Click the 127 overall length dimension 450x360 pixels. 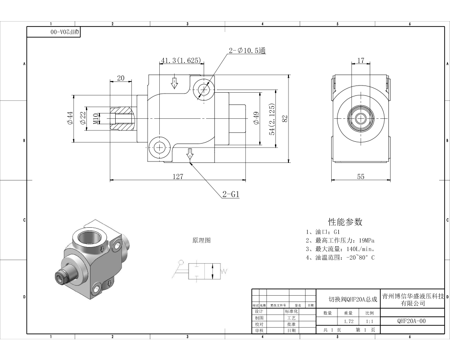(x=178, y=176)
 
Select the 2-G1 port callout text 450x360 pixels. (x=230, y=194)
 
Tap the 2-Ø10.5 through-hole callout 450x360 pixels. (x=247, y=51)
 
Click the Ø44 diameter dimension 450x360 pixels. (x=70, y=118)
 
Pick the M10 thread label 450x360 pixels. (x=95, y=118)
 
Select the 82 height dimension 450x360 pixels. (x=284, y=118)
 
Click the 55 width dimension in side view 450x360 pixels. (x=360, y=176)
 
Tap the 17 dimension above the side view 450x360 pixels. (x=360, y=60)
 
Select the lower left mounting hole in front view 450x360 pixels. (x=159, y=147)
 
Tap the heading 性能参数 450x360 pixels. (x=345, y=222)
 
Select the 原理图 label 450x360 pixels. (x=201, y=241)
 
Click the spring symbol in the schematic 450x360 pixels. (x=224, y=270)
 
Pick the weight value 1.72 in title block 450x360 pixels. (x=348, y=321)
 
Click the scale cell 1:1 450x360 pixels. (x=369, y=321)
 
